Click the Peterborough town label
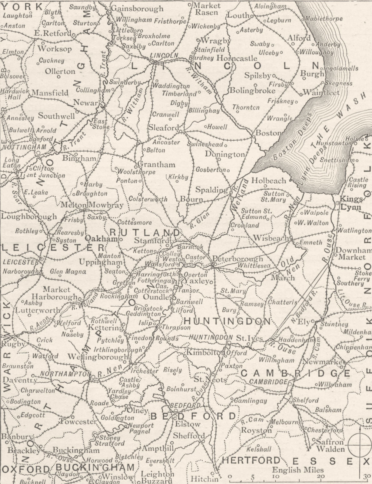pos(237,259)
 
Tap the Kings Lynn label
pos(351,203)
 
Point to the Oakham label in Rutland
pos(101,239)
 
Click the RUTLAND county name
pos(145,232)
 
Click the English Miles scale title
pos(298,470)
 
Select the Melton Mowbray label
pos(92,205)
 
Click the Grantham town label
pos(156,165)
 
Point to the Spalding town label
pos(211,190)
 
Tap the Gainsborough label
pos(137,8)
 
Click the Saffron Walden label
pos(330,446)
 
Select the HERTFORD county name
pos(251,461)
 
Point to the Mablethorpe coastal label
pos(324,19)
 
